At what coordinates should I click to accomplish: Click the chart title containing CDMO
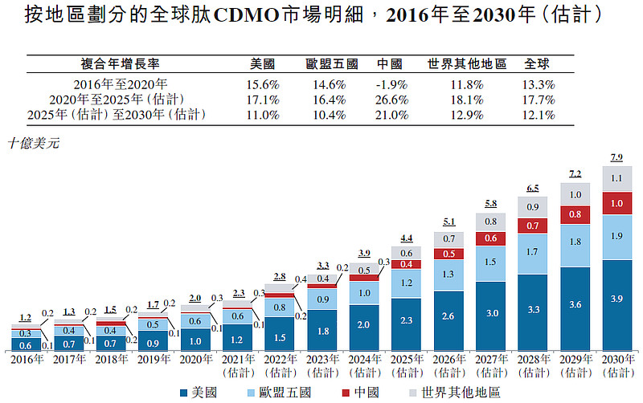pyautogui.click(x=321, y=15)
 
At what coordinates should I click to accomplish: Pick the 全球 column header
pyautogui.click(x=538, y=64)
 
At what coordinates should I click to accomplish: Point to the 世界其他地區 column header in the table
pyautogui.click(x=467, y=64)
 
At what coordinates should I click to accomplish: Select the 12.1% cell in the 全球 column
pyautogui.click(x=538, y=115)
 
